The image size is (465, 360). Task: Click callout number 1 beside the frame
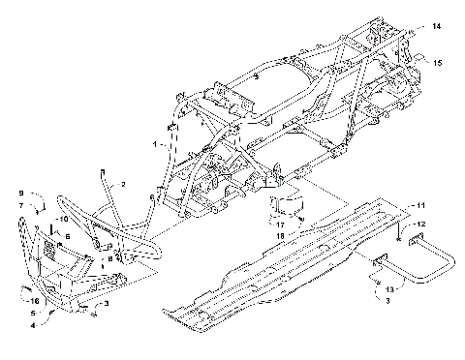click(153, 143)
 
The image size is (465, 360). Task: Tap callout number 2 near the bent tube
click(123, 183)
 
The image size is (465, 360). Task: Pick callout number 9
click(21, 194)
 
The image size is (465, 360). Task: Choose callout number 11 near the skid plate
click(421, 206)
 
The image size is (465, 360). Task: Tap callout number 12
click(421, 224)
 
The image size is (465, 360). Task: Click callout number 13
click(389, 289)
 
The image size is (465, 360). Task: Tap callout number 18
click(279, 235)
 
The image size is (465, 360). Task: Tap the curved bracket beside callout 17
click(286, 207)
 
